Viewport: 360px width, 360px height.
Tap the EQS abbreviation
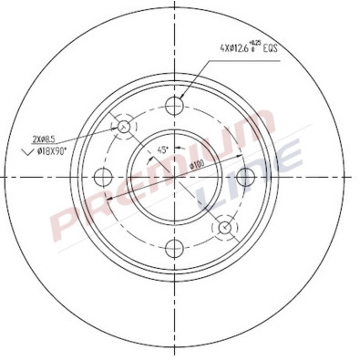tap(271, 47)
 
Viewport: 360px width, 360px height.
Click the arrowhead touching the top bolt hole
tap(180, 96)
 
